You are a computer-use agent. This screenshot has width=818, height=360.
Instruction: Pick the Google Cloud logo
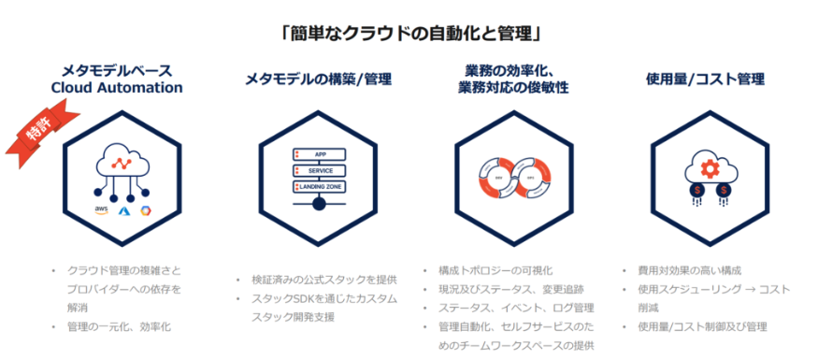click(146, 210)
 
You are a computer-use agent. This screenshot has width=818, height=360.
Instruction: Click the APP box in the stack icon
click(319, 154)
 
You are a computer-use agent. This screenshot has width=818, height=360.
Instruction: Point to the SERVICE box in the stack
click(319, 171)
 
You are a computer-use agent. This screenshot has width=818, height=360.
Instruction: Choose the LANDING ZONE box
click(319, 188)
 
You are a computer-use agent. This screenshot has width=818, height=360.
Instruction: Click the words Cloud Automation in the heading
click(117, 88)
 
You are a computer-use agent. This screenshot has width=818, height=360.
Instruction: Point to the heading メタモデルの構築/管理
click(318, 79)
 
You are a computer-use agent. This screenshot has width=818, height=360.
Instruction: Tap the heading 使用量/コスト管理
click(706, 79)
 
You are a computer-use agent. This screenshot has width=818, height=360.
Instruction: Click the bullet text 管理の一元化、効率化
click(119, 326)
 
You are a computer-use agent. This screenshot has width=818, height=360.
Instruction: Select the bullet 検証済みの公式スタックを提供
click(324, 280)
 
